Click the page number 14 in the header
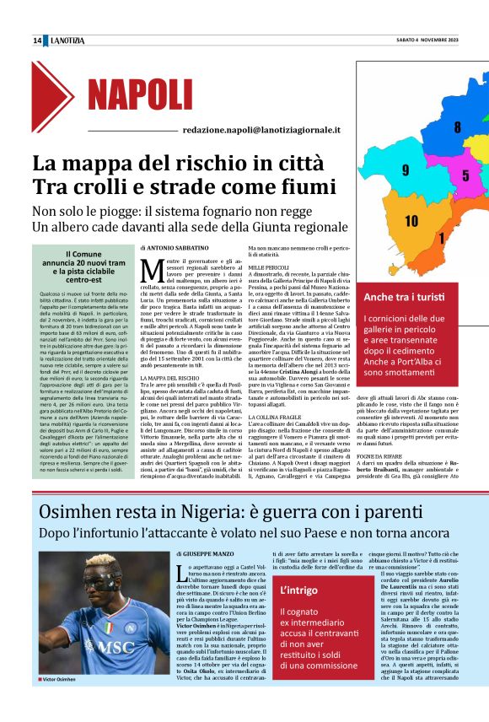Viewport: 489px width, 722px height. (x=37, y=40)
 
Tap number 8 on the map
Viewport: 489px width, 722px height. (x=457, y=128)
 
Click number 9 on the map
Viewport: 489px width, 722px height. (x=406, y=170)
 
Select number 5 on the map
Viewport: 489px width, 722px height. (x=465, y=176)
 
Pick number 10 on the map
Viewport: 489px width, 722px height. (x=411, y=221)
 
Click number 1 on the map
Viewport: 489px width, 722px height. (x=442, y=237)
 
